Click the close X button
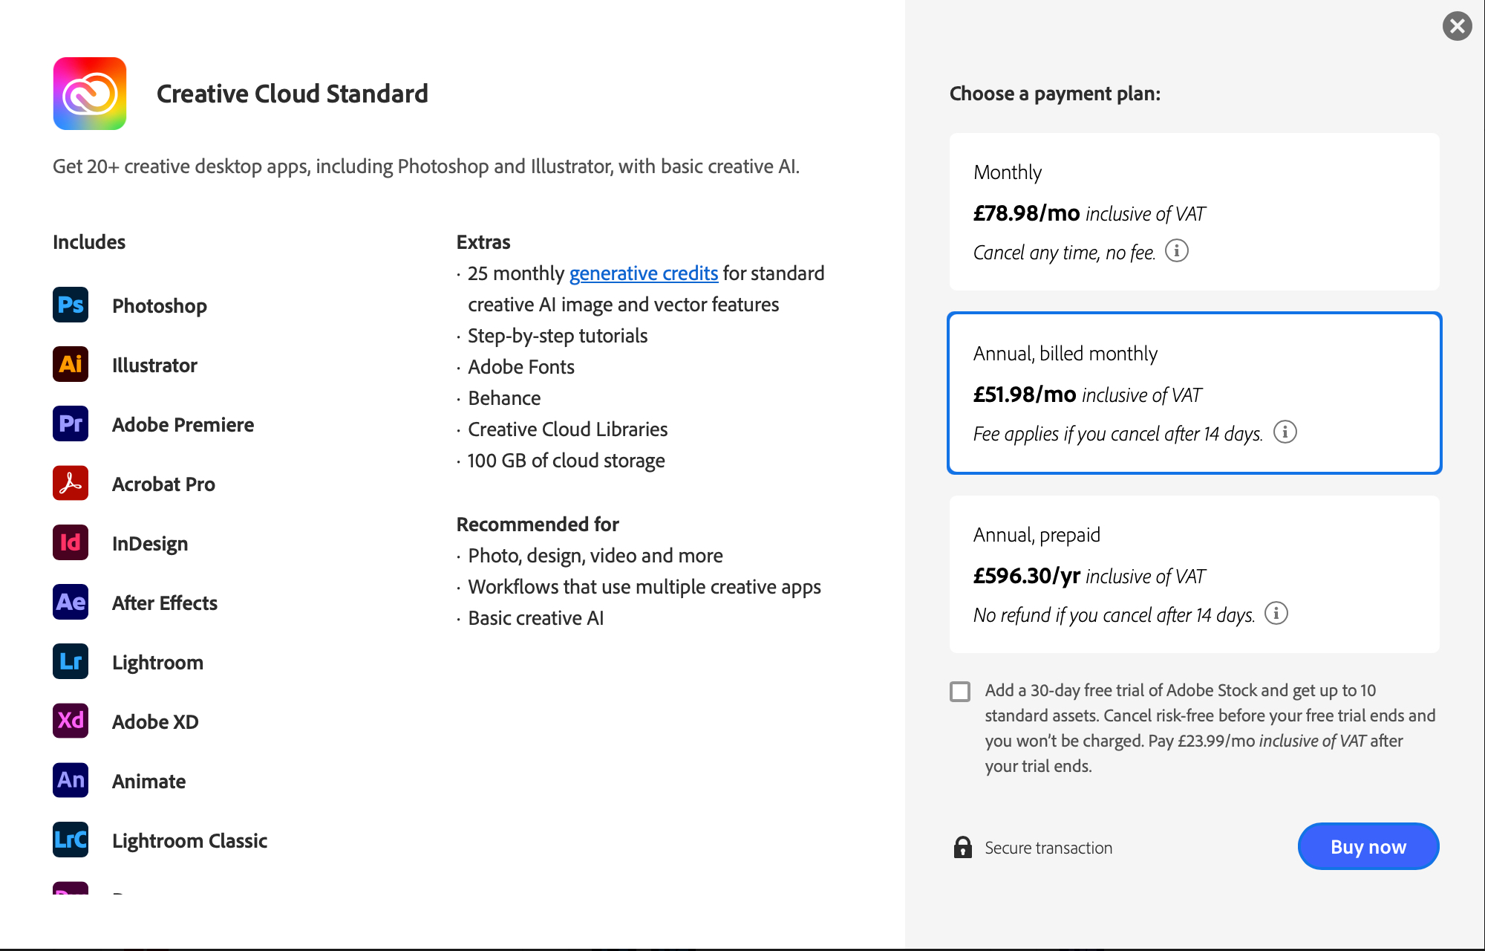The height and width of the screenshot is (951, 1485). click(1457, 27)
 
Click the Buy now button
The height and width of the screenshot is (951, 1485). click(1368, 846)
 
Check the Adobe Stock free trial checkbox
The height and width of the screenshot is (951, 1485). click(960, 692)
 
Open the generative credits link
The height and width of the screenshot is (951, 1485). click(643, 273)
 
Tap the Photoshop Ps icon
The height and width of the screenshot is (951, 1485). click(71, 305)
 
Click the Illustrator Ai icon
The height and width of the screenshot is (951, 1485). click(71, 364)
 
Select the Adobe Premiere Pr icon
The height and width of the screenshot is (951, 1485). click(71, 423)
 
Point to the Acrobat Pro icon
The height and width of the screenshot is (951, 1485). click(71, 483)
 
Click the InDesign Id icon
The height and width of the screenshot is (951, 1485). click(71, 542)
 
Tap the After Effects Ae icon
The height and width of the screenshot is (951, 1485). click(71, 602)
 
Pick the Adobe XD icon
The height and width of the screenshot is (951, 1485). click(71, 721)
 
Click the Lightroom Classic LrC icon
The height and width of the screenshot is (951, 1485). click(71, 840)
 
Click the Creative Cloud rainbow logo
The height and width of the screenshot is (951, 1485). click(90, 94)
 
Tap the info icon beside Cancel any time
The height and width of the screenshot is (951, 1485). click(1176, 251)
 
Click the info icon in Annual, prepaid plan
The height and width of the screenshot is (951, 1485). click(1276, 614)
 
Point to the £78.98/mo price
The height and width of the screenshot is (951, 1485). click(1026, 213)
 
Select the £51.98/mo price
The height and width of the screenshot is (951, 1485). click(1025, 395)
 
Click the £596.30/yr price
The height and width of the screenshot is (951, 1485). click(1026, 576)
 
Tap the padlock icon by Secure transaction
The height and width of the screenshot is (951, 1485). click(962, 847)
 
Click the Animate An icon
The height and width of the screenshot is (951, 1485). click(71, 780)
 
